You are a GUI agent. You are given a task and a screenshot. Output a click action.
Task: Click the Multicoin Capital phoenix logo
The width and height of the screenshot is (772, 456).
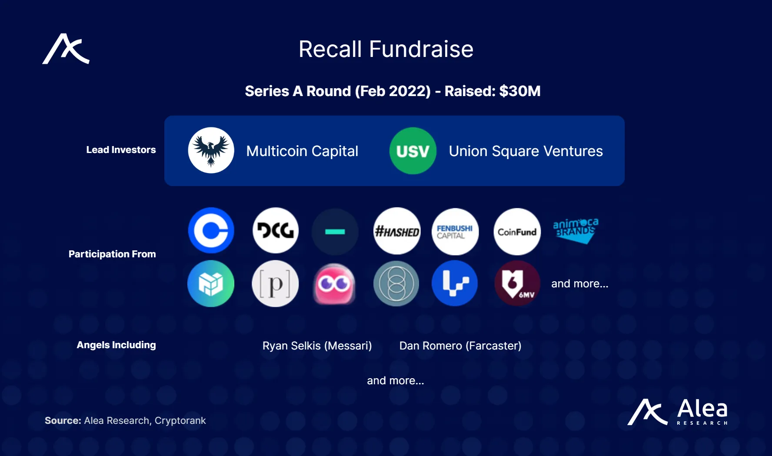pyautogui.click(x=211, y=150)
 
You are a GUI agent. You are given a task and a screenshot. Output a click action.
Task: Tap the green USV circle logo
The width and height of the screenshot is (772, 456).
pyautogui.click(x=413, y=151)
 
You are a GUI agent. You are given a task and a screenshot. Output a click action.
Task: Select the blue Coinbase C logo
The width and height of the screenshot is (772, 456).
pyautogui.click(x=211, y=230)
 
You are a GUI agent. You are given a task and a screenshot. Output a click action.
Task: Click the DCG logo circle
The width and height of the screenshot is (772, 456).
pyautogui.click(x=276, y=230)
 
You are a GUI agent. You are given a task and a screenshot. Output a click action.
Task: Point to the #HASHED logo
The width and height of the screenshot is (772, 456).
pyautogui.click(x=397, y=231)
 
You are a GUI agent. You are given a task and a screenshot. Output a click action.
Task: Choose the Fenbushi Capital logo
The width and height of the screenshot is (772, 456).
pyautogui.click(x=455, y=232)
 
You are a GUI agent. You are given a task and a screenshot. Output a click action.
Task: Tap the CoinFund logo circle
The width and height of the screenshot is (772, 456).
pyautogui.click(x=517, y=232)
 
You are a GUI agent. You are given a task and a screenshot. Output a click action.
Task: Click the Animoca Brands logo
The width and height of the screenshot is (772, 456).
pyautogui.click(x=576, y=230)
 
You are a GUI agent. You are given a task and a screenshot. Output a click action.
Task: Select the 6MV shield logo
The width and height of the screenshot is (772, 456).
pyautogui.click(x=517, y=283)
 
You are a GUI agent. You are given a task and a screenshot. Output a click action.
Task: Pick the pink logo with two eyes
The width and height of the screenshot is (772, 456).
pyautogui.click(x=334, y=284)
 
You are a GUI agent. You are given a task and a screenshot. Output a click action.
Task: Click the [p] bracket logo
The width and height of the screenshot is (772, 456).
pyautogui.click(x=275, y=284)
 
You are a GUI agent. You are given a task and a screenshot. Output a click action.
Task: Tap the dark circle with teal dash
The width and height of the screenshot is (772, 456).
pyautogui.click(x=335, y=232)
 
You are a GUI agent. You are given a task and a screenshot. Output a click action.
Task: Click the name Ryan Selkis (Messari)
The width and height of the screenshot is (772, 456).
pyautogui.click(x=317, y=346)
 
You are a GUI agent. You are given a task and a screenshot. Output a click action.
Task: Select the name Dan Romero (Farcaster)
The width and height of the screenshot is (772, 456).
pyautogui.click(x=460, y=346)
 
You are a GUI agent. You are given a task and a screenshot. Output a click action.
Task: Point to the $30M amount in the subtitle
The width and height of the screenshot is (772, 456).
pyautogui.click(x=520, y=91)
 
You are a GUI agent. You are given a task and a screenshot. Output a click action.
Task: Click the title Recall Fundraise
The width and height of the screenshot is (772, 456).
pyautogui.click(x=386, y=49)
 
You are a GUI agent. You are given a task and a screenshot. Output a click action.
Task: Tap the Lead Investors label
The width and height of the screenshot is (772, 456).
pyautogui.click(x=121, y=150)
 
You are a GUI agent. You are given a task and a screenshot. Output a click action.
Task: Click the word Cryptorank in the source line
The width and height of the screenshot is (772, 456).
pyautogui.click(x=180, y=421)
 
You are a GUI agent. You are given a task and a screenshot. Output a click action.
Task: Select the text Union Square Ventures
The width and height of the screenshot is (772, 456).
pyautogui.click(x=526, y=151)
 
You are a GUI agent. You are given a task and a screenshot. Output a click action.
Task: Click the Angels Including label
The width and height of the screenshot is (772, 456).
pyautogui.click(x=116, y=345)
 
